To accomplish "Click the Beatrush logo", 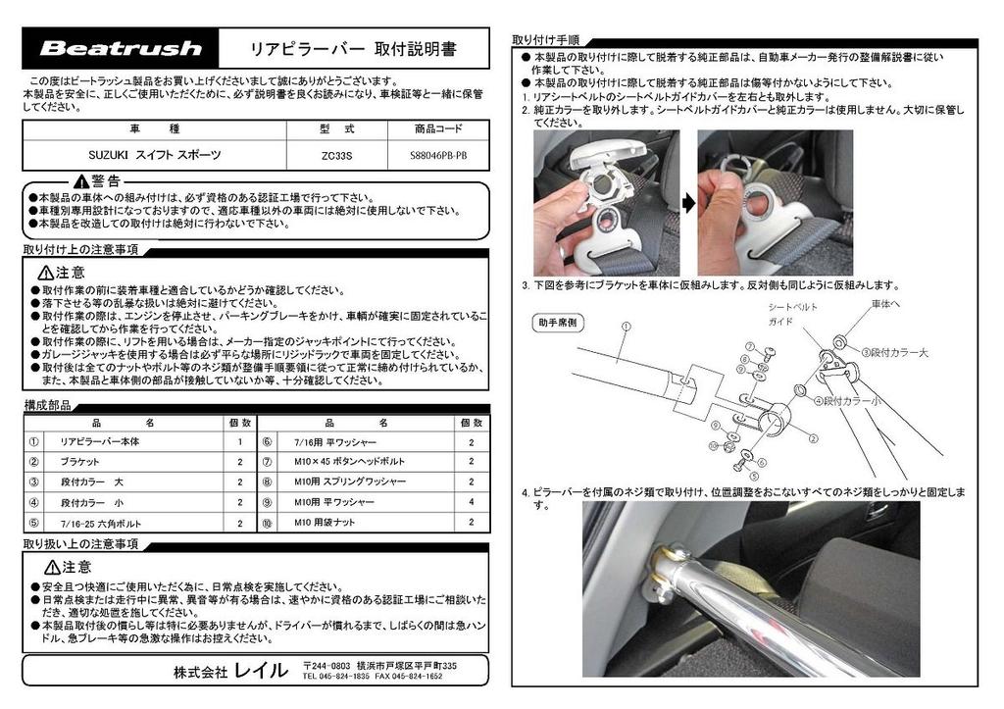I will (x=121, y=48).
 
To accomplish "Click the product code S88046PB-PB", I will (x=438, y=155).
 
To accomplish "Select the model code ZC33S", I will (x=336, y=155).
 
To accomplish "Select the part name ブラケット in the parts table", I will (x=79, y=461).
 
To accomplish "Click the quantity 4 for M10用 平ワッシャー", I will (x=471, y=502).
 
